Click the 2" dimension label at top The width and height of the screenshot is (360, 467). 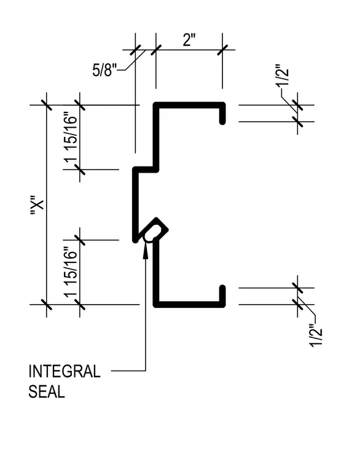click(189, 40)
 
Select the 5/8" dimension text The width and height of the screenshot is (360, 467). click(104, 70)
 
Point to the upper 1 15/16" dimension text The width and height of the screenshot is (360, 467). click(71, 137)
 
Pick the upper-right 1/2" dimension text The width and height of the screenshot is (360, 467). click(282, 75)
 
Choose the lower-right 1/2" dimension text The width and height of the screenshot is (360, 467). click(316, 336)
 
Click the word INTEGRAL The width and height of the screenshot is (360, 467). click(65, 371)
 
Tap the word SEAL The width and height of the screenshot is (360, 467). click(47, 391)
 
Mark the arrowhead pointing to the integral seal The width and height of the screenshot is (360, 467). click(146, 251)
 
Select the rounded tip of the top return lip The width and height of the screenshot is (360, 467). click(222, 122)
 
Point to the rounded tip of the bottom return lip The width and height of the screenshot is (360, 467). click(222, 288)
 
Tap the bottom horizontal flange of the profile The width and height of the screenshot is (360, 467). click(189, 304)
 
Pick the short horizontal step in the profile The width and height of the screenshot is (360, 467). click(146, 170)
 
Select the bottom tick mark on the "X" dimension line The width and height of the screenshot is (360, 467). click(46, 304)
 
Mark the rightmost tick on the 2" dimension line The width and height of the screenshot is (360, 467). click(222, 50)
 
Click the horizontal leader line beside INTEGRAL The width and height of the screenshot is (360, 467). click(128, 371)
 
